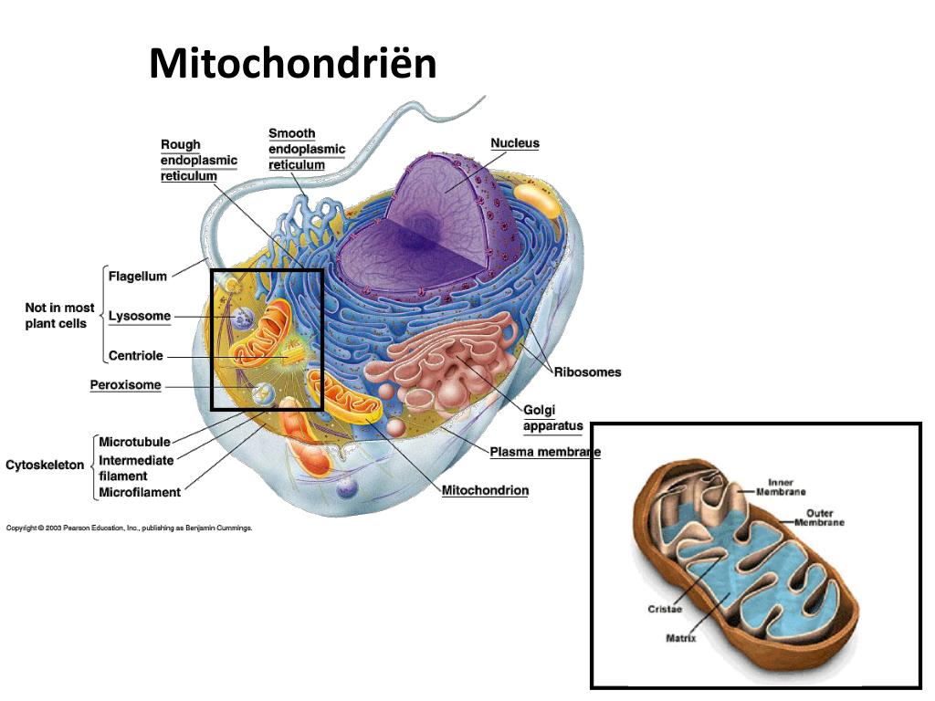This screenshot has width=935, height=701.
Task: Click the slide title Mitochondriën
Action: pos(293,64)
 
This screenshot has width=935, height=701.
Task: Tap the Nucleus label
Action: pos(515,143)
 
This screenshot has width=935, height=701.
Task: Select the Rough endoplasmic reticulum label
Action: pos(198,160)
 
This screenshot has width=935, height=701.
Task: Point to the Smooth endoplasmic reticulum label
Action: pos(307,149)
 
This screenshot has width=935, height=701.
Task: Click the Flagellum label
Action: pos(138,276)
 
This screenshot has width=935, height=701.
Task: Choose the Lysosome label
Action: pos(140,316)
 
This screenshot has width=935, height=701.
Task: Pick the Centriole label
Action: pos(136,356)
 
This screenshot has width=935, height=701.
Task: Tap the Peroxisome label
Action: pos(125,385)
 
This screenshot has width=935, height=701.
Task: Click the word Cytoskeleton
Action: pos(45,465)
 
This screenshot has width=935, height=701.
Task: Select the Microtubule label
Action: pos(134,443)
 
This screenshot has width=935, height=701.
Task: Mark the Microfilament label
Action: pos(140,493)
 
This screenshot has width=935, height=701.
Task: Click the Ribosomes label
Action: pos(587,371)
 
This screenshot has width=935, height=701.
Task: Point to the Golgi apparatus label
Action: pos(552,418)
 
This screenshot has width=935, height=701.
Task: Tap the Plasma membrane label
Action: pos(544,452)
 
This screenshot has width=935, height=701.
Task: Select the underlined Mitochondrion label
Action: pos(485,490)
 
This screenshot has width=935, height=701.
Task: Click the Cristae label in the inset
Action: pos(665,609)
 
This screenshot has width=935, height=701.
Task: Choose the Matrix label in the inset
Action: pos(680,638)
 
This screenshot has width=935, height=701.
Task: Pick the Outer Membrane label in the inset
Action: pos(819,518)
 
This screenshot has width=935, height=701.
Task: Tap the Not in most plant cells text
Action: pos(59,315)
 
